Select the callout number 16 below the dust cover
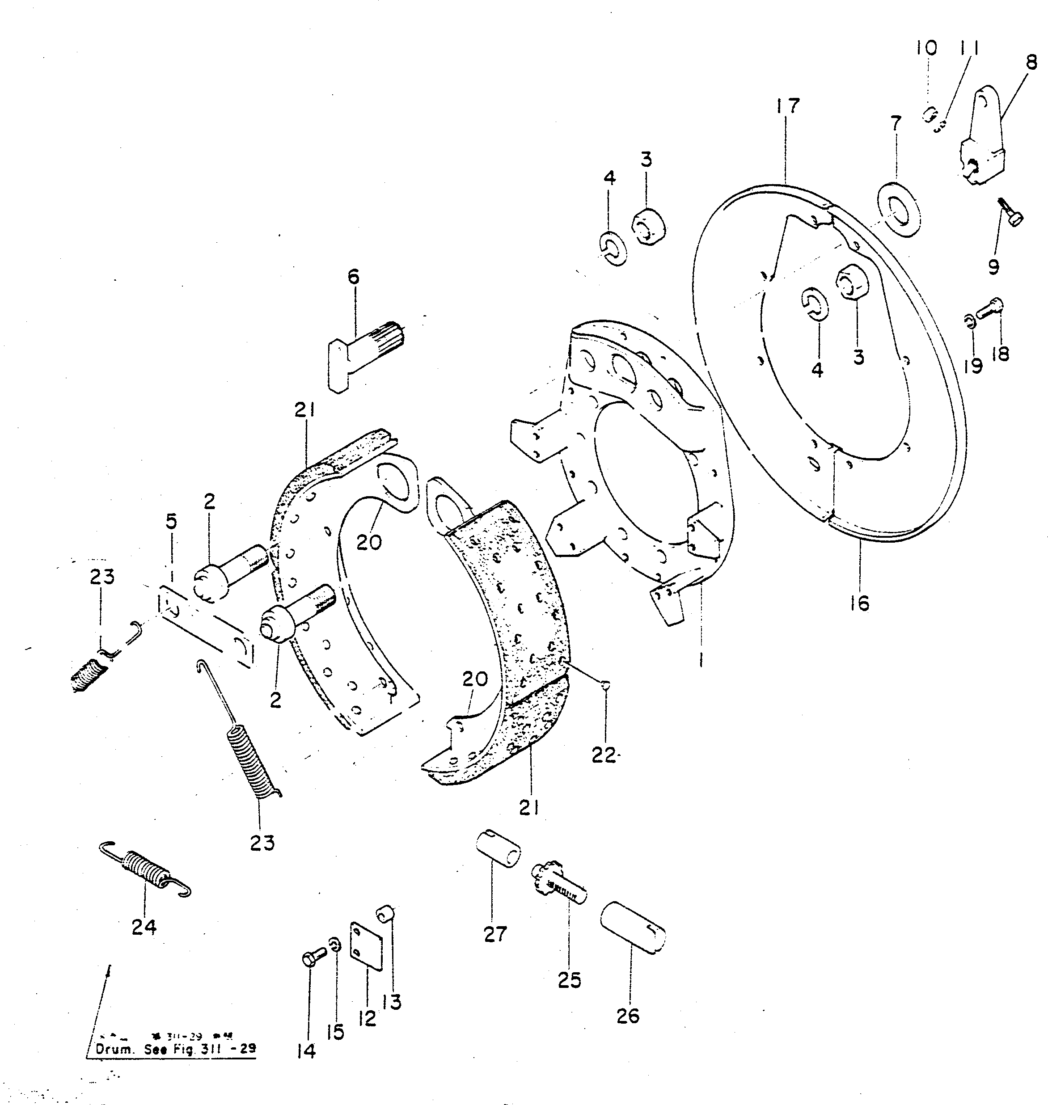(x=860, y=603)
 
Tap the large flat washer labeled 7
(x=898, y=208)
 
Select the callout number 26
(x=627, y=1016)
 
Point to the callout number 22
(x=603, y=756)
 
